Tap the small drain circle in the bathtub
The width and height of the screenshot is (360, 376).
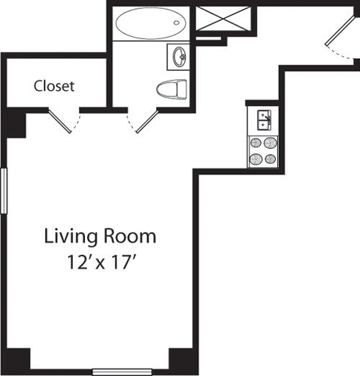[177, 23]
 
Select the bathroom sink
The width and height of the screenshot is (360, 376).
[179, 56]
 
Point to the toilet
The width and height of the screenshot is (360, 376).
[172, 90]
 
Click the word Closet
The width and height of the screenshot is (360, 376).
[54, 86]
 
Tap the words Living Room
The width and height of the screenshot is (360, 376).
[100, 237]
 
